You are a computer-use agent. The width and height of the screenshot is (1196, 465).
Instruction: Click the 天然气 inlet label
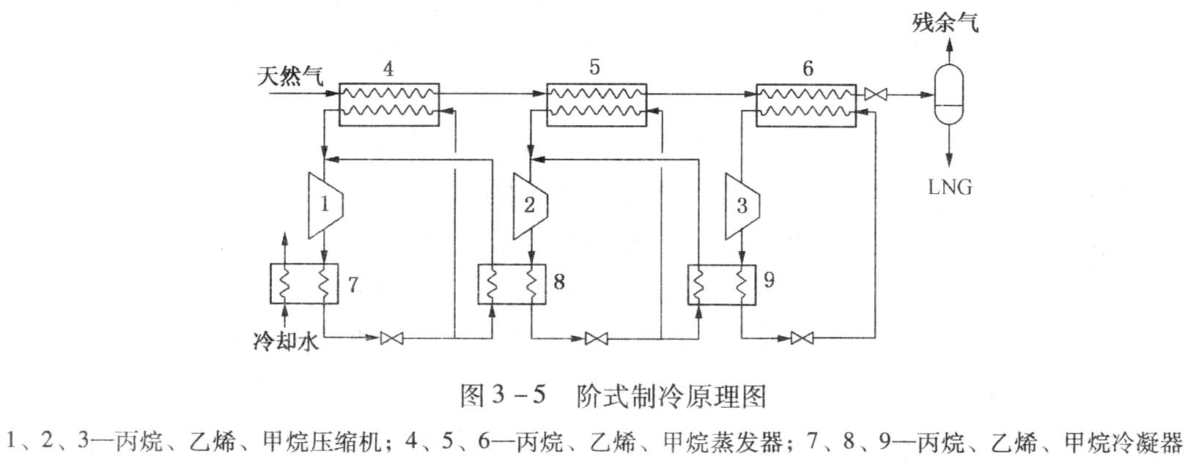[290, 75]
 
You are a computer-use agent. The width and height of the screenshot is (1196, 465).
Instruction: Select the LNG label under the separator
[950, 187]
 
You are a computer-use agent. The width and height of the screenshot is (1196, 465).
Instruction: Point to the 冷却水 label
[286, 341]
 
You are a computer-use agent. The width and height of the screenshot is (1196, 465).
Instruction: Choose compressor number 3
[741, 205]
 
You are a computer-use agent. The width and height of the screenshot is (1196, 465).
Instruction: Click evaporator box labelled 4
[388, 103]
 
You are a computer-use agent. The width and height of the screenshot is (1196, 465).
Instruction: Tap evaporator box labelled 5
[597, 103]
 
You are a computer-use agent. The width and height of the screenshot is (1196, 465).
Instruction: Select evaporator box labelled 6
[806, 103]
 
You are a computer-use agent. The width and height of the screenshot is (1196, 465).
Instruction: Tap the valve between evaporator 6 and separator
[876, 94]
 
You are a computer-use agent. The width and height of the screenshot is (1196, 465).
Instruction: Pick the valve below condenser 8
[597, 338]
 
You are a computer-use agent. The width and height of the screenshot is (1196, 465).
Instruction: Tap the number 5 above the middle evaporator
[594, 67]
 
